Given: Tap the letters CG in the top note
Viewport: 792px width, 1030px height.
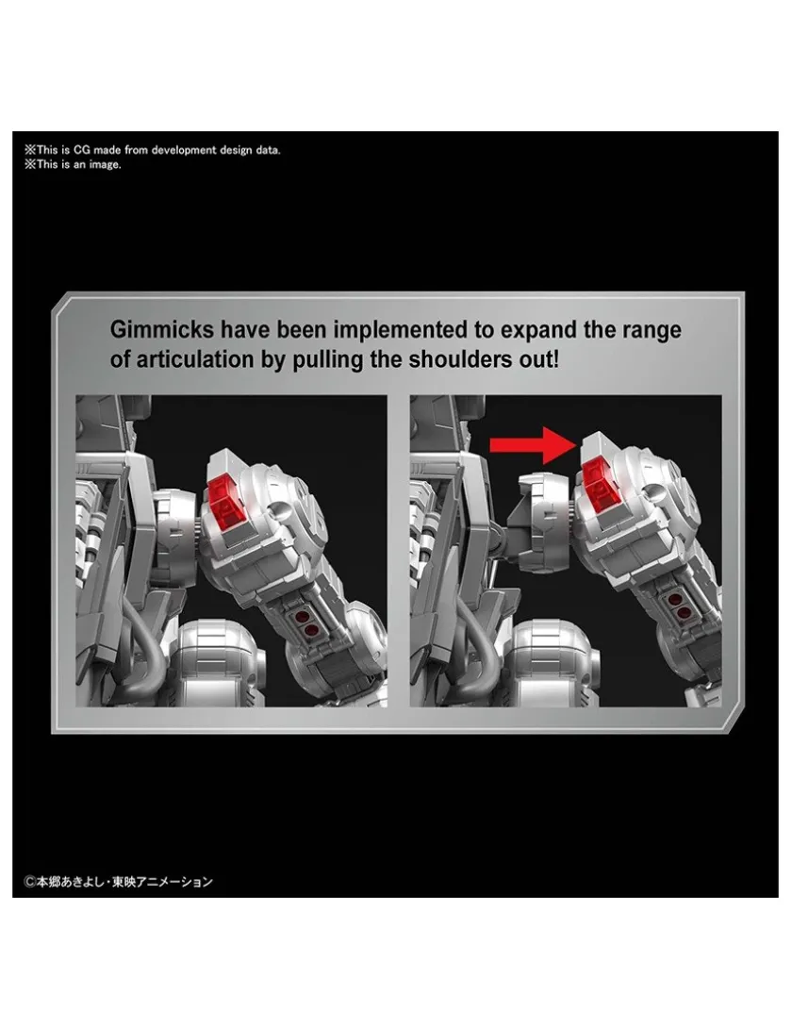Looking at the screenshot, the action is (x=81, y=150).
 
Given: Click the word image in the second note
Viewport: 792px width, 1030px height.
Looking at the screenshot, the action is (x=106, y=165).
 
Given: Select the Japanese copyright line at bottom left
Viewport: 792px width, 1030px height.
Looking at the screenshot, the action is (x=119, y=882).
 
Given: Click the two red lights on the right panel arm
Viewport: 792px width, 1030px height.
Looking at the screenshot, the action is (x=673, y=606).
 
